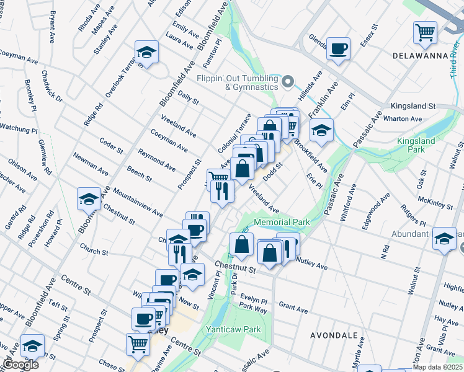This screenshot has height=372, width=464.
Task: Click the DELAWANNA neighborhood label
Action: [x=420, y=56]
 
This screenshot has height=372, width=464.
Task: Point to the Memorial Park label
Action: [x=282, y=221]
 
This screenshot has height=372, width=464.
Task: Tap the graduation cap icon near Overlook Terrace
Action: [x=146, y=51]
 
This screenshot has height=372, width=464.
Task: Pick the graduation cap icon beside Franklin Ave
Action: [x=321, y=130]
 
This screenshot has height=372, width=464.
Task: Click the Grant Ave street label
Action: [x=293, y=307]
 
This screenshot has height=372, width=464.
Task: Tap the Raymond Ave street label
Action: [x=156, y=159]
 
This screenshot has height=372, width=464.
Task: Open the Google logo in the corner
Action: [x=20, y=365]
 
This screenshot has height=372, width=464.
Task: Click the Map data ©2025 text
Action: [x=437, y=366]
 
